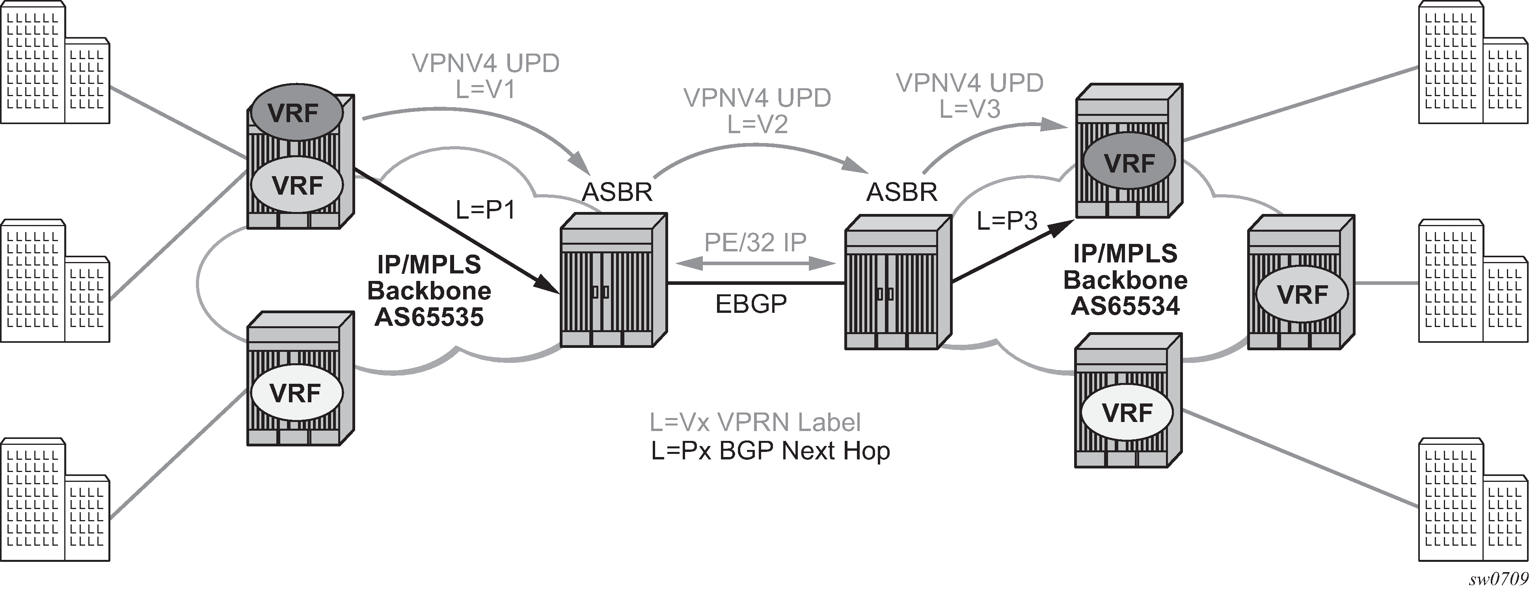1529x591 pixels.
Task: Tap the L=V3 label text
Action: coord(970,109)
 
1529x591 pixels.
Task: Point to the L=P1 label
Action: coord(485,210)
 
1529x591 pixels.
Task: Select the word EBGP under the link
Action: coord(751,304)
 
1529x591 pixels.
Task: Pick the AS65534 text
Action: coord(1125,306)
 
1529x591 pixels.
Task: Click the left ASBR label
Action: coord(617,192)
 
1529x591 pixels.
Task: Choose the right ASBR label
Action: coord(901,192)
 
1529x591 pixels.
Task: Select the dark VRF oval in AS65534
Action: coord(1129,162)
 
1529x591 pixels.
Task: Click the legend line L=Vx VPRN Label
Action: coord(755,422)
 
